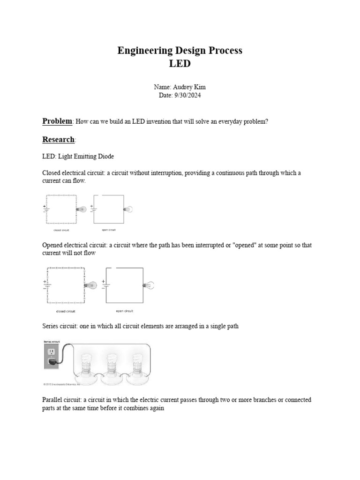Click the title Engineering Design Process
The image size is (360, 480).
(180, 51)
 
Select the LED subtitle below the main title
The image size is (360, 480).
(180, 64)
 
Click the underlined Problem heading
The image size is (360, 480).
(57, 121)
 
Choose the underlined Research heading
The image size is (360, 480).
(58, 139)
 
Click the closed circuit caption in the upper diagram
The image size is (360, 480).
(62, 231)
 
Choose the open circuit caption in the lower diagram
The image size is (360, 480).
(124, 311)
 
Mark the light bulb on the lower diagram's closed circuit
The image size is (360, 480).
(91, 285)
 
